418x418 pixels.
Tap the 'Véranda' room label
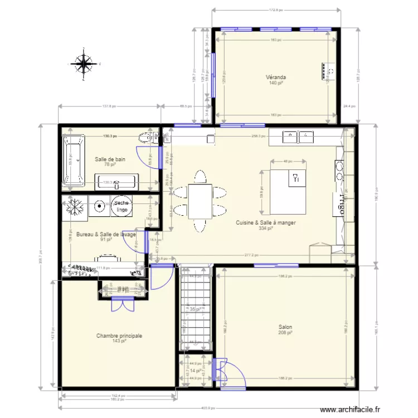tap(276, 77)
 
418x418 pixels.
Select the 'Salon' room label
tap(285, 327)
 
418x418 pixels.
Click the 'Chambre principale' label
tap(119, 336)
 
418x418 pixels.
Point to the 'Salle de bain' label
tap(110, 159)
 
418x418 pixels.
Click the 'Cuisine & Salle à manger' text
tap(265, 222)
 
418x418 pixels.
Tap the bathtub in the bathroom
tap(74, 160)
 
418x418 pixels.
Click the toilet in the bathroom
tap(146, 137)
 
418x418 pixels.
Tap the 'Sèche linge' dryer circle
tap(122, 207)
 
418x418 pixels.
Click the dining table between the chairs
tap(200, 201)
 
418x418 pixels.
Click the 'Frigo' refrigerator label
tap(338, 204)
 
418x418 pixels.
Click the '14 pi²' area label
tap(195, 370)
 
